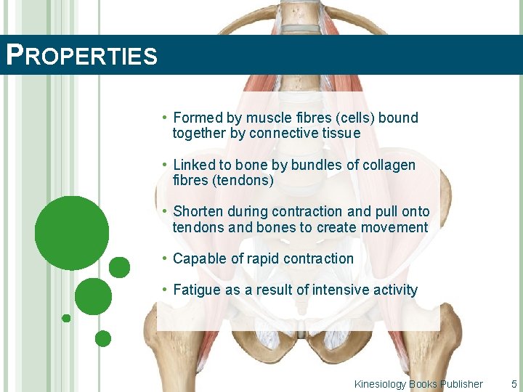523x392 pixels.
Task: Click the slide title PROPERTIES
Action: [x=81, y=56]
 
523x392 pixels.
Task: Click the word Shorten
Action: [x=198, y=212]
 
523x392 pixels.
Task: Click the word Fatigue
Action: [x=197, y=290]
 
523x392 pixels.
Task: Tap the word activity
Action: [x=394, y=290]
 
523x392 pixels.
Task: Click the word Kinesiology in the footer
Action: [x=380, y=384]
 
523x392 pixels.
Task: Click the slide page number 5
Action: [x=514, y=384]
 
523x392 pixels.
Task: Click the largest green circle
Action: [x=72, y=233]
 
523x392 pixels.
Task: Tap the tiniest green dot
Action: [x=66, y=318]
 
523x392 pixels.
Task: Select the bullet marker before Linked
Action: [x=166, y=165]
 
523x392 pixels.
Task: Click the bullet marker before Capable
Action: [x=166, y=258]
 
